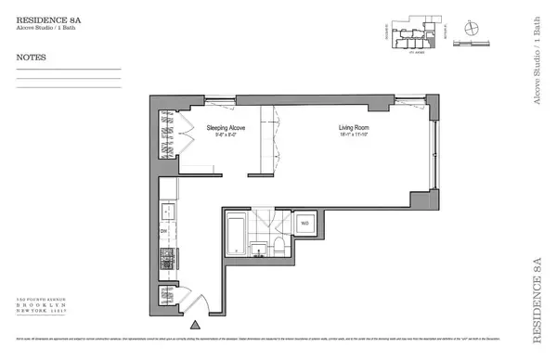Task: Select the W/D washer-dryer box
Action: tap(304, 223)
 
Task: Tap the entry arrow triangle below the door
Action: tap(194, 326)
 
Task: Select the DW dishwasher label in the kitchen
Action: tap(163, 229)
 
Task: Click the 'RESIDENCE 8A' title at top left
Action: tap(45, 16)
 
